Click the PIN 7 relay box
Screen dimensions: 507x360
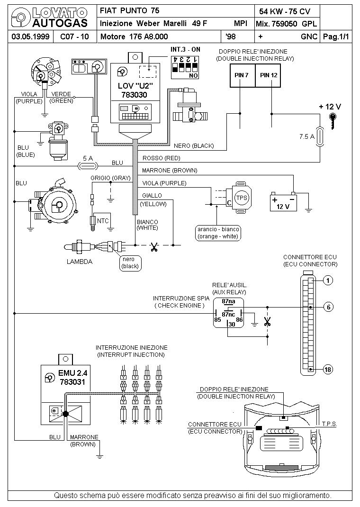point(242,75)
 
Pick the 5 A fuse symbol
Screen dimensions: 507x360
point(87,166)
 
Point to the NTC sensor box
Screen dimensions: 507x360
point(103,220)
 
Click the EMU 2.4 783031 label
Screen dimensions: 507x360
point(72,377)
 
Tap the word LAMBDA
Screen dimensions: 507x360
point(80,261)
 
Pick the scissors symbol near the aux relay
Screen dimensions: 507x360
point(267,323)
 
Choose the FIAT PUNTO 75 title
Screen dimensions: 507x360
point(129,10)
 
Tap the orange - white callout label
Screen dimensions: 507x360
point(218,233)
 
